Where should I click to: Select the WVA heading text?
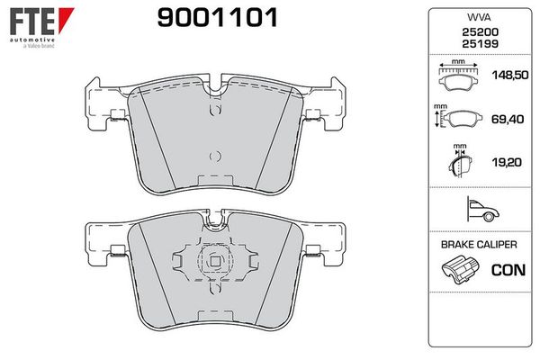[473, 18]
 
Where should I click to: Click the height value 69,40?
[508, 119]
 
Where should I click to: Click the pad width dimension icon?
[460, 76]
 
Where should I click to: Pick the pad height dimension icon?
[460, 118]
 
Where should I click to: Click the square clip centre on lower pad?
[214, 263]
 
